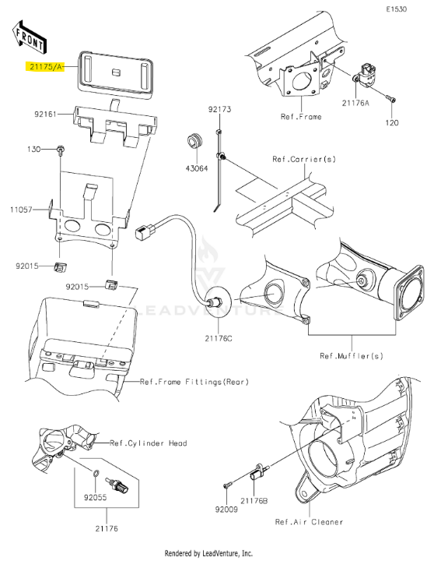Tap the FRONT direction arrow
pyautogui.click(x=29, y=36)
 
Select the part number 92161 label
pyautogui.click(x=46, y=114)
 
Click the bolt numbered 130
pyautogui.click(x=60, y=150)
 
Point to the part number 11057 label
pyautogui.click(x=21, y=210)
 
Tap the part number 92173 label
pyautogui.click(x=219, y=109)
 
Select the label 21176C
pyautogui.click(x=219, y=339)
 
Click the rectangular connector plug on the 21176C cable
pyautogui.click(x=145, y=231)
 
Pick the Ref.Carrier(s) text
pyautogui.click(x=304, y=159)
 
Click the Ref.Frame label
pyautogui.click(x=301, y=117)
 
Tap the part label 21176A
pyautogui.click(x=355, y=103)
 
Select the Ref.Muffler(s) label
pyautogui.click(x=352, y=356)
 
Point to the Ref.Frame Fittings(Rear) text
pyautogui.click(x=194, y=382)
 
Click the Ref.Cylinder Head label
pyautogui.click(x=149, y=443)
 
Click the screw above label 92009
pyautogui.click(x=226, y=485)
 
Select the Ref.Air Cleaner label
pyautogui.click(x=309, y=521)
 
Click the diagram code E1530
pyautogui.click(x=396, y=9)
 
